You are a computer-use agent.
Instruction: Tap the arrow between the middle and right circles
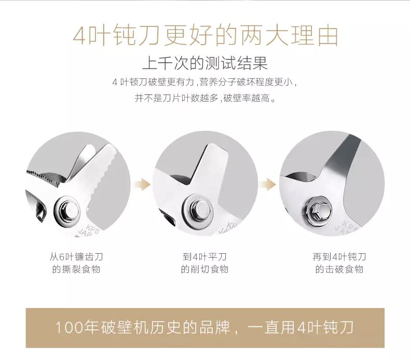tap(268, 185)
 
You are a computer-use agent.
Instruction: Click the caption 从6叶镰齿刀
tap(76, 257)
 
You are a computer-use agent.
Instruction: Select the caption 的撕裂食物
tap(76, 269)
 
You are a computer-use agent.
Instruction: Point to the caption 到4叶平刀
tap(204, 257)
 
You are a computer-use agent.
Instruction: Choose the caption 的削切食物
tap(204, 269)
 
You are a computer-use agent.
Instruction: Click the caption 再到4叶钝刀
tap(339, 257)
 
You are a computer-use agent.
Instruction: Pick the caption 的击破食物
tap(339, 269)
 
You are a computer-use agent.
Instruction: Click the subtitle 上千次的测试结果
tap(205, 63)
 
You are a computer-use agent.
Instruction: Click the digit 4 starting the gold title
tap(80, 36)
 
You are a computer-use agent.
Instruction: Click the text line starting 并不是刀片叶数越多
tap(205, 99)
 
